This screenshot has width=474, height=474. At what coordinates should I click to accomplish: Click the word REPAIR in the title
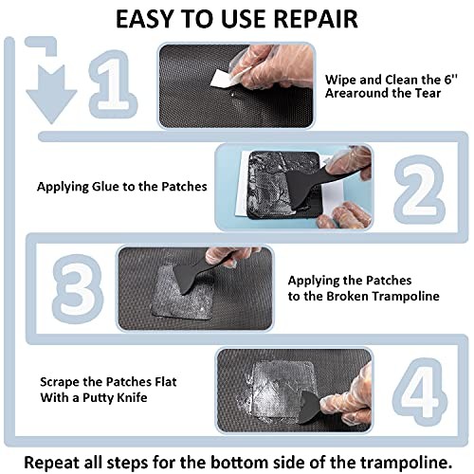coord(316,19)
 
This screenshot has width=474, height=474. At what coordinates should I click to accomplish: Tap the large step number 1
coord(113,84)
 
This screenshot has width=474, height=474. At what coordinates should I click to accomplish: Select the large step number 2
coord(419,189)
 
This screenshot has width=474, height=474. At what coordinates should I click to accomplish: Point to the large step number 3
coord(78,289)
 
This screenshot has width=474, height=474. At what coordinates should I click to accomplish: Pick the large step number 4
coord(420,392)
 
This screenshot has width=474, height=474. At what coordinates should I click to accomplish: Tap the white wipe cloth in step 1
coord(224,78)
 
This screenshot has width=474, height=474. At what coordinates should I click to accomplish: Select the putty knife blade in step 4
coord(310,407)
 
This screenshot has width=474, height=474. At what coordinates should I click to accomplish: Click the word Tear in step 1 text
coord(428,93)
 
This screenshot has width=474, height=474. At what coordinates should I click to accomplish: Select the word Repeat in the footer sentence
coord(52,463)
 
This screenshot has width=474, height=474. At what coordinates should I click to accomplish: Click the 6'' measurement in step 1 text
coord(450,80)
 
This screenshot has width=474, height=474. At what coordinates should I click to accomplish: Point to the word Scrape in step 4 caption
coord(60,382)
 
